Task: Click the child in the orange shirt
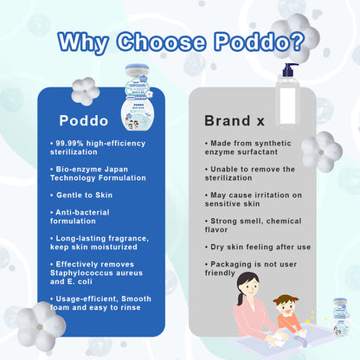coord(288,316)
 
